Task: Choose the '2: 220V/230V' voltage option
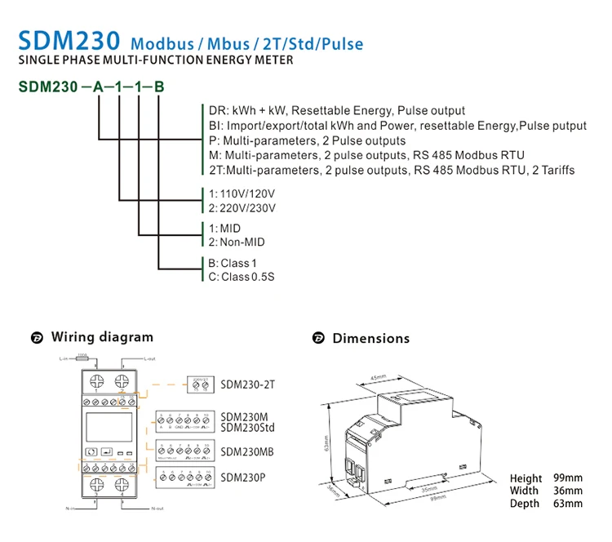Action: pos(242,208)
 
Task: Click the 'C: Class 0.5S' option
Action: pos(242,277)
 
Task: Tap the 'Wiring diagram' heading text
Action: pos(102,337)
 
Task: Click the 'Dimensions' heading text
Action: pos(370,338)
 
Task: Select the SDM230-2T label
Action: pos(248,383)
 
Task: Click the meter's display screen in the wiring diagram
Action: pos(95,424)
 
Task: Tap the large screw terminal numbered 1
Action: pos(94,381)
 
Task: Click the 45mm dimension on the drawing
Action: pos(377,378)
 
